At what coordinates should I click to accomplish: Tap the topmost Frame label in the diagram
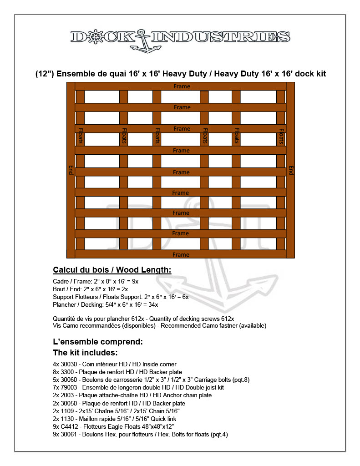click(x=182, y=86)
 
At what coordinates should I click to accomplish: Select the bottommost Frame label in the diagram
click(x=181, y=254)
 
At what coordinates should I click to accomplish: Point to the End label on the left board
click(x=71, y=170)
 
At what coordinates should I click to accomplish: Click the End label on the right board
click(x=291, y=170)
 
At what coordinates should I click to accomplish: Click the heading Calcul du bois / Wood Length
click(x=112, y=270)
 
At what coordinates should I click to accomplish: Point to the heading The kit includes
click(x=86, y=353)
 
